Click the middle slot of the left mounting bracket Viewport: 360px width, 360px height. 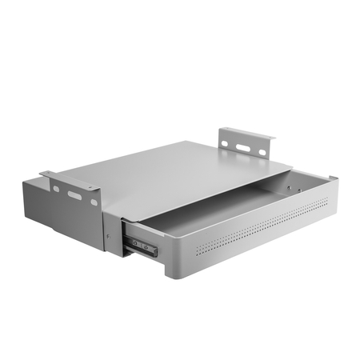point(74,195)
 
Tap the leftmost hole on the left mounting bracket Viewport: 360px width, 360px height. point(56,189)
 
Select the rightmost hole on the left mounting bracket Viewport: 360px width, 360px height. point(94,202)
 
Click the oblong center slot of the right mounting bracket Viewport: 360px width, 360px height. point(243,147)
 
